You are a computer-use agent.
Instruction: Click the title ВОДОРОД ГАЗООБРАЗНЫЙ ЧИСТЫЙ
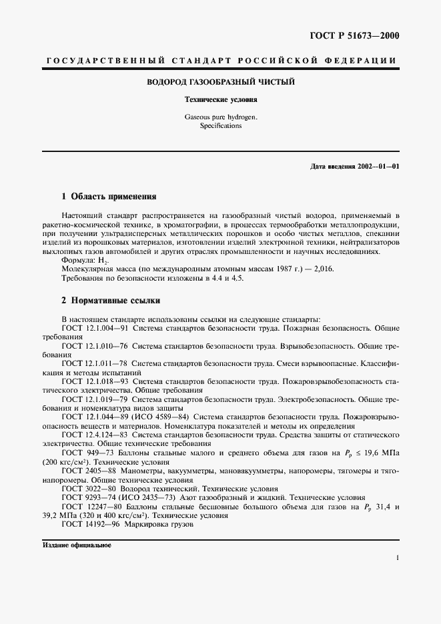point(220,82)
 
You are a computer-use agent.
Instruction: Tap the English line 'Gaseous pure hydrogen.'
point(220,117)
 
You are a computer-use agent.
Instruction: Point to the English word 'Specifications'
point(220,125)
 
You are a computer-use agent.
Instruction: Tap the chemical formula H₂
point(102,260)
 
